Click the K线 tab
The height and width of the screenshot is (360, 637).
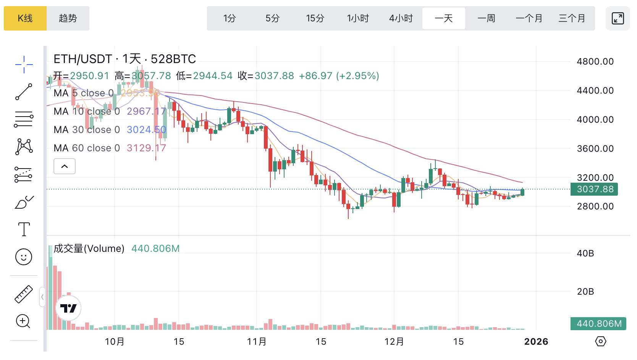point(25,18)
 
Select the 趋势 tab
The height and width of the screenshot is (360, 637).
point(68,18)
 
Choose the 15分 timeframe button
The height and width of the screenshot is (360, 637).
point(315,18)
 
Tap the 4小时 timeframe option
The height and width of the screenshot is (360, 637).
point(401,18)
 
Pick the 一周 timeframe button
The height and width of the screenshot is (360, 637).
point(486,18)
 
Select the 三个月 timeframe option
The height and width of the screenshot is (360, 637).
point(572,18)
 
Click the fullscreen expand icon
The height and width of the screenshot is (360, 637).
point(618,18)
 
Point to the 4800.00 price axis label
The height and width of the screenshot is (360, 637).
point(595,62)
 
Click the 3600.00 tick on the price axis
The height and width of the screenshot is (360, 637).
point(595,149)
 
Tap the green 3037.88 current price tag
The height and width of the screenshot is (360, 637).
point(594,189)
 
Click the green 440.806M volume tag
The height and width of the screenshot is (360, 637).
point(598,324)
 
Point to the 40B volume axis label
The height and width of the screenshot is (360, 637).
point(585,253)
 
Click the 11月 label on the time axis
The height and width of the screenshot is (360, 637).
point(257,342)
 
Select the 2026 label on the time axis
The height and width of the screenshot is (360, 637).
point(536,342)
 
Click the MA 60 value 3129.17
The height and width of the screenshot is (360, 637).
point(146,148)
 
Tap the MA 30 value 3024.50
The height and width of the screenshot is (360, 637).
point(146,130)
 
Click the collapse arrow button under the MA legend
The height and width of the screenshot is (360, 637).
point(65,166)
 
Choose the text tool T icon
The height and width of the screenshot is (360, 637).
point(24,229)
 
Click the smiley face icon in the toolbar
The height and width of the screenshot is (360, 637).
point(24,257)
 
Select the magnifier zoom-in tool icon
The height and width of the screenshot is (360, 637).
point(23,321)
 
